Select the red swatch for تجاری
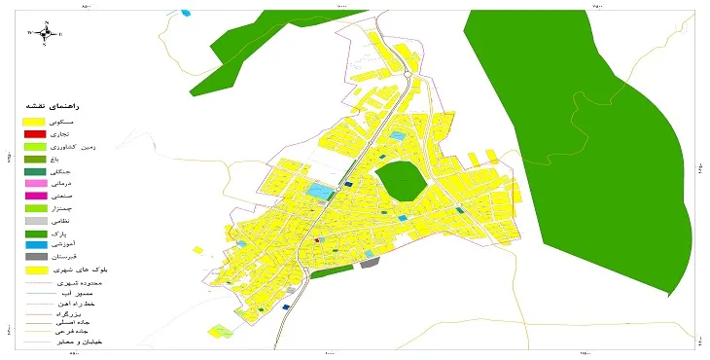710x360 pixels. tap(34, 133)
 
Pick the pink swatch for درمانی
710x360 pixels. tap(34, 183)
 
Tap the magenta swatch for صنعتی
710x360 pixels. tap(34, 196)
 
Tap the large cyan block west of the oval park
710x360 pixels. tap(319, 192)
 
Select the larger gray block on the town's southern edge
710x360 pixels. tap(369, 262)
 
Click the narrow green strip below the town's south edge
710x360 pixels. tap(332, 272)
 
